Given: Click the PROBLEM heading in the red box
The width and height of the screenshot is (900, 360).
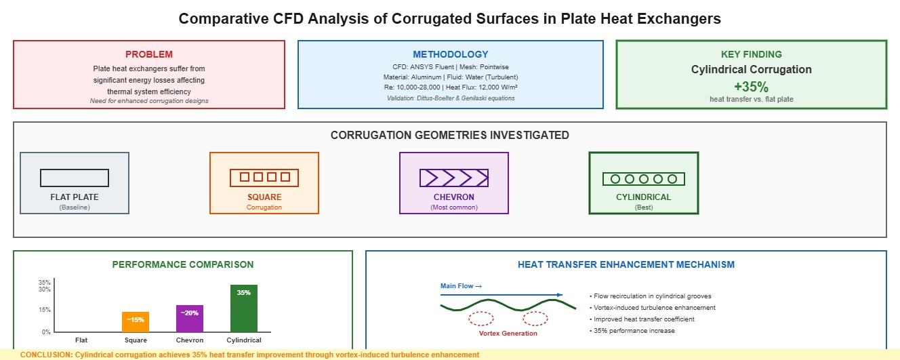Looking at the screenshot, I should point(149,54).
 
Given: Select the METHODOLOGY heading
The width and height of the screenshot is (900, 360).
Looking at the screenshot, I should point(451,54).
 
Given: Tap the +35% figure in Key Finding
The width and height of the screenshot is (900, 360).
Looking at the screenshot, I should point(751,86).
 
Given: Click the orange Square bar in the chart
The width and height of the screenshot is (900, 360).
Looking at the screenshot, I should point(136,321).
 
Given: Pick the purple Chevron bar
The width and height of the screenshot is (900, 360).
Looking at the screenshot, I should point(190,318).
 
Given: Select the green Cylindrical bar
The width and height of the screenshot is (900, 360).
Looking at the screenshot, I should point(244,308).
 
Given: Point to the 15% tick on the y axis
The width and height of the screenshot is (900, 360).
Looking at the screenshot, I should point(44,310).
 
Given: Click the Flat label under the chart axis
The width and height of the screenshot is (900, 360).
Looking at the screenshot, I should point(81,340).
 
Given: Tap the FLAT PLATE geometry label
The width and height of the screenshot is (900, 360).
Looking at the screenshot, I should point(75,197).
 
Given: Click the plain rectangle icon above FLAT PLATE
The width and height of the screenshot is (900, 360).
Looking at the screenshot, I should point(75,178).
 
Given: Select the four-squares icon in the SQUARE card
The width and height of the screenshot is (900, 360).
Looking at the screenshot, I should point(264,178).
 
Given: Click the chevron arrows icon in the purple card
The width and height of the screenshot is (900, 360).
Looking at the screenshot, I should point(454,178).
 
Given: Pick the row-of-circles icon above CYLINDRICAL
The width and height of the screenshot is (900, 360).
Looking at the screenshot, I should point(644,179).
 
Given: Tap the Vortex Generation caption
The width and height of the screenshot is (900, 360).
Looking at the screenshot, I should point(508,333).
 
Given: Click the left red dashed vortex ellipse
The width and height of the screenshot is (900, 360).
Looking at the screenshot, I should point(480,318).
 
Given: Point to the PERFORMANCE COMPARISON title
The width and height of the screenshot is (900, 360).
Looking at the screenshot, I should point(183,264).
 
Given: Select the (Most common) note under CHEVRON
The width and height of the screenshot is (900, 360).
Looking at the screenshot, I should point(454,207).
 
